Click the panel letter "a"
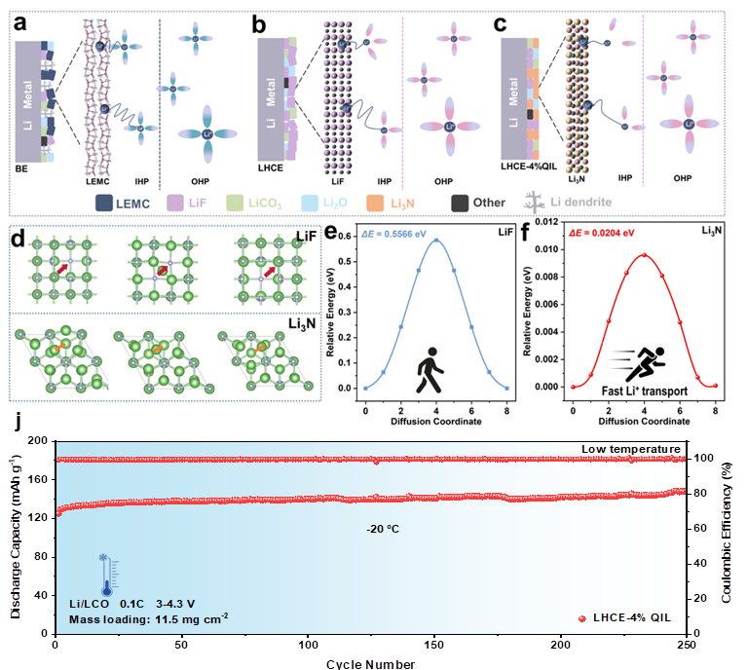coord(19,20)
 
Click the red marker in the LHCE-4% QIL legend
coord(582,617)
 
